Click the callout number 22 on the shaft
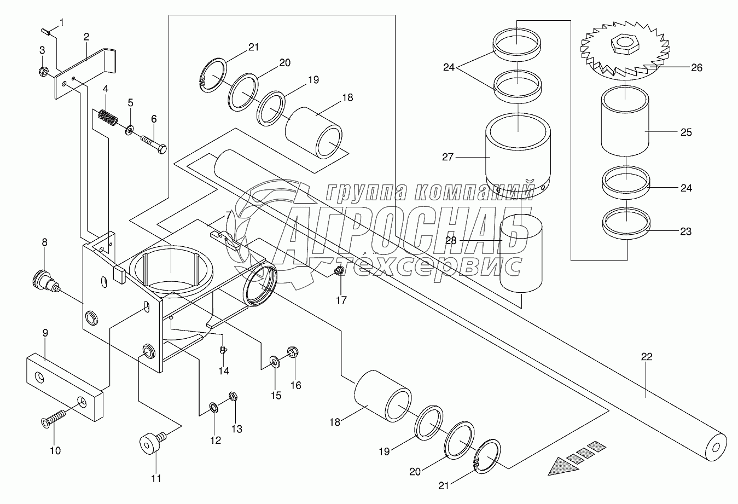point(647,357)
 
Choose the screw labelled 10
point(53,421)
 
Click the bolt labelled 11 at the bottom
point(153,442)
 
